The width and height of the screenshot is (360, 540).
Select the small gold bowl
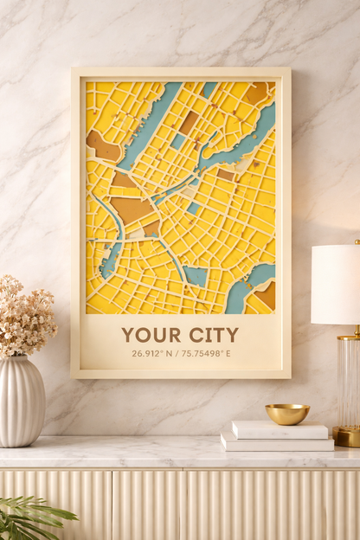287,414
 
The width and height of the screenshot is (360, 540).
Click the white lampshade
337,284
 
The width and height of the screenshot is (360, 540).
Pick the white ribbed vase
22,402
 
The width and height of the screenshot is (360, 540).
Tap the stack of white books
277,437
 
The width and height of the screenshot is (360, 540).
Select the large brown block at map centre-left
132,209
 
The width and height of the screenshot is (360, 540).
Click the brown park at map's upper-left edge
101,147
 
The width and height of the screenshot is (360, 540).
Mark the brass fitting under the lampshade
349,332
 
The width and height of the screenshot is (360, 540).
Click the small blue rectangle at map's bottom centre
196,275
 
